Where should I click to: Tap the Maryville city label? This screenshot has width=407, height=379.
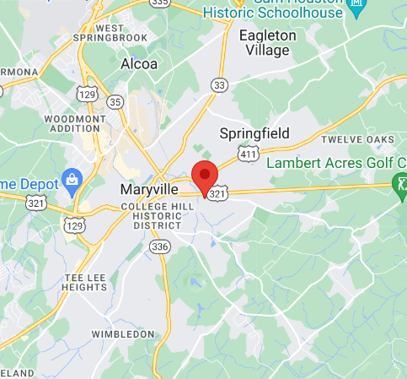coord(144,190)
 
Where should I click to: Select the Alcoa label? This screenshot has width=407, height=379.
coord(140,63)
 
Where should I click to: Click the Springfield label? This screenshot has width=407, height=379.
coord(254,133)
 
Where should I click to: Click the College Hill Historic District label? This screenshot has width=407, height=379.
coord(150,216)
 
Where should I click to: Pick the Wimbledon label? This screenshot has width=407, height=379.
coord(123,334)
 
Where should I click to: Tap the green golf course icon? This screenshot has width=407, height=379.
coord(399,182)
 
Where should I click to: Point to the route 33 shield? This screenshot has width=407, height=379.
coord(219,85)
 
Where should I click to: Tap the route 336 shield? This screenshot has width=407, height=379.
coord(158,246)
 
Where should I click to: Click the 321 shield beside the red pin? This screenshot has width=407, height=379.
coord(217,194)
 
